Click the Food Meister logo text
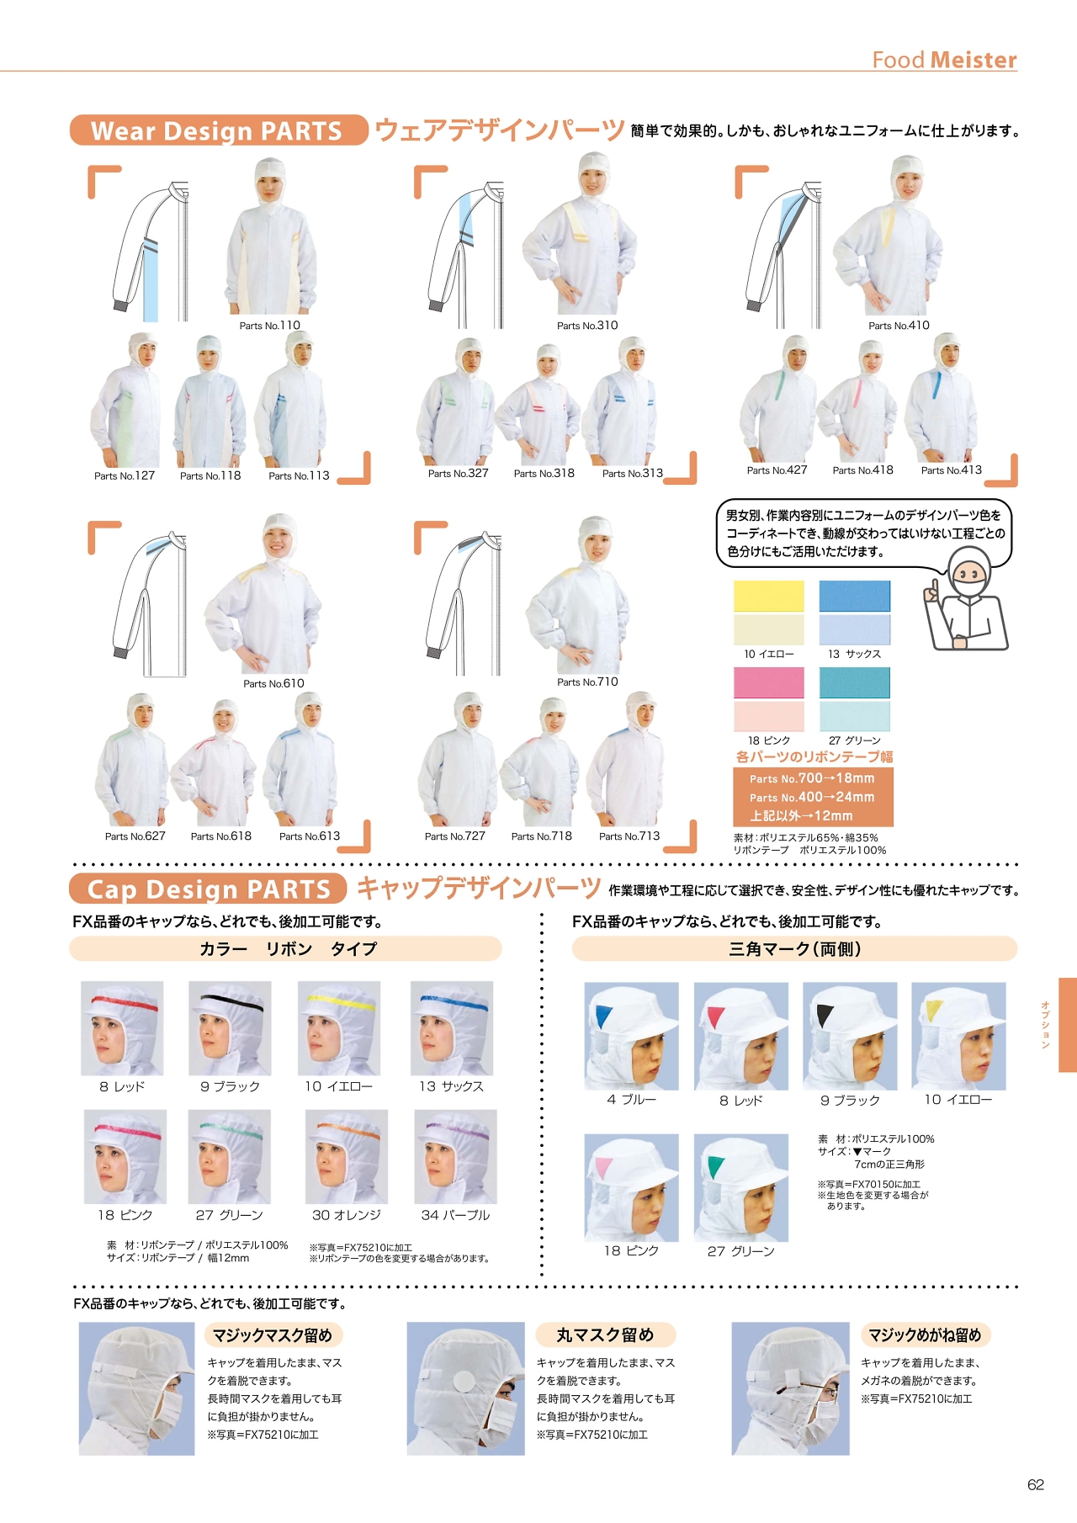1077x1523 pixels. (944, 60)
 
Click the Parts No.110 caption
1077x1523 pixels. (269, 326)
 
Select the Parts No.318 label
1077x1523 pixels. (544, 474)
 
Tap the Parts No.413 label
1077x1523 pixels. (951, 470)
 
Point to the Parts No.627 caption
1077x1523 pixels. (135, 836)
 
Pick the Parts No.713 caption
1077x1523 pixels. (629, 836)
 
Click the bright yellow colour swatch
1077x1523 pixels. (769, 596)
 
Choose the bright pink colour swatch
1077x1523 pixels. (769, 682)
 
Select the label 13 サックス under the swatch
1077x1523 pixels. (854, 654)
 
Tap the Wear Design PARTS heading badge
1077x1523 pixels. (219, 130)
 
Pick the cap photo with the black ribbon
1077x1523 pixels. (230, 1028)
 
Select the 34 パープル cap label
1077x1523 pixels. (455, 1215)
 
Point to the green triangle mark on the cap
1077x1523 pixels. (715, 1167)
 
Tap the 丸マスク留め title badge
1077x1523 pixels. (605, 1335)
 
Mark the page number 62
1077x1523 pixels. (1036, 1485)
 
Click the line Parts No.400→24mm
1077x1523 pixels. (812, 797)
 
